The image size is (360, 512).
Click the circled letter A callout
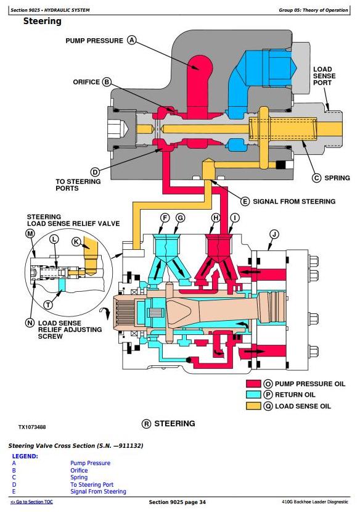[131, 40]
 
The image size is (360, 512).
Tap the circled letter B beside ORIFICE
[107, 81]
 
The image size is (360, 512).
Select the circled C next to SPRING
[317, 178]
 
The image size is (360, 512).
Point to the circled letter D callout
[95, 172]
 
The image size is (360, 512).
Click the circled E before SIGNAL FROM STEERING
[245, 202]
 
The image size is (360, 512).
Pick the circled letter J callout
[274, 234]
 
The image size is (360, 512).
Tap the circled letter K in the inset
[76, 242]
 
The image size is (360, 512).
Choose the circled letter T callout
[48, 305]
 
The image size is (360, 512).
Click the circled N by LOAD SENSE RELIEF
[30, 323]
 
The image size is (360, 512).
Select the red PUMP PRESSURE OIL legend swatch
[253, 383]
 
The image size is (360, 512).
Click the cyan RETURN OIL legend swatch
[253, 394]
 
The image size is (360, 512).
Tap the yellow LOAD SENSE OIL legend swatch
[253, 406]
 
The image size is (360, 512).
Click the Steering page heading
[42, 21]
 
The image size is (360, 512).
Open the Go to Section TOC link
[31, 502]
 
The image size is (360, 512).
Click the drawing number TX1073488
[32, 427]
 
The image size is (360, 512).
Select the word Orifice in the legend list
[79, 470]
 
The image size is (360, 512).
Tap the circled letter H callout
[216, 218]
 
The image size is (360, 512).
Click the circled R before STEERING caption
[146, 424]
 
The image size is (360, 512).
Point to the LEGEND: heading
[25, 456]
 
